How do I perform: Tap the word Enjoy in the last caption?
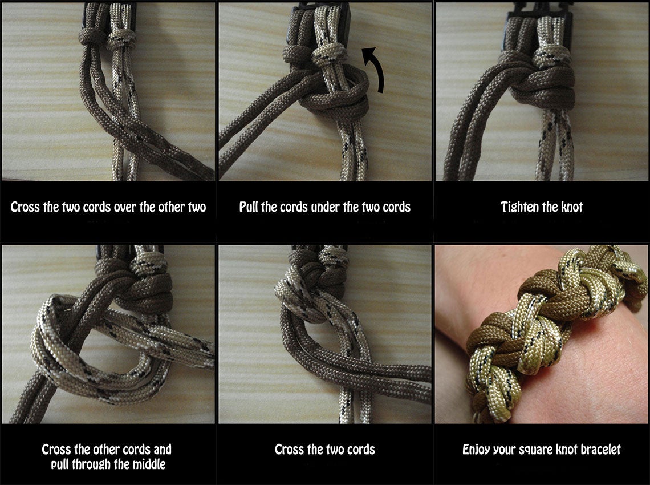coord(478,450)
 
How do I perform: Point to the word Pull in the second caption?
coord(250,207)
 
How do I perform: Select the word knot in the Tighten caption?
coord(569,207)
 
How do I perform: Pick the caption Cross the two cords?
coord(324,450)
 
